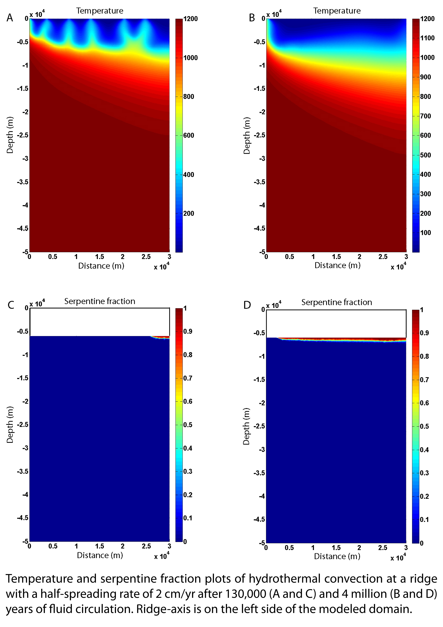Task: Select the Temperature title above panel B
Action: pos(337,11)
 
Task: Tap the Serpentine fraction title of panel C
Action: pos(100,301)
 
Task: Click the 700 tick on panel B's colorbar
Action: pos(425,116)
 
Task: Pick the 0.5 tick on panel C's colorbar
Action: pos(188,425)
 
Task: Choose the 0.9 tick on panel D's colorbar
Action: pos(424,333)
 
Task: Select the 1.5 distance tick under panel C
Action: pos(99,546)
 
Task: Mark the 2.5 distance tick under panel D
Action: pos(383,548)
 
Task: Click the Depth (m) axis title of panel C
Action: pos(10,425)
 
